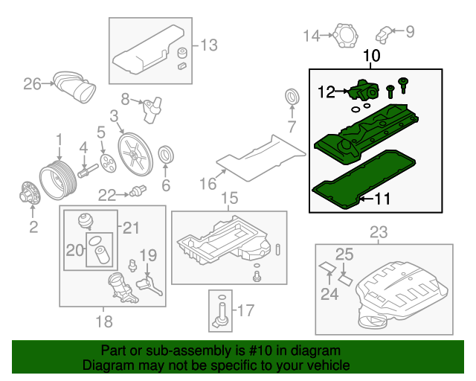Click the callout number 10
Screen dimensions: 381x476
(x=372, y=56)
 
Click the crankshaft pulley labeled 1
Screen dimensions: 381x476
(x=57, y=176)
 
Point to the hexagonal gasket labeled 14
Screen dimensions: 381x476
(x=343, y=34)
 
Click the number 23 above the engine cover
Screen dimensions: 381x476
(x=379, y=233)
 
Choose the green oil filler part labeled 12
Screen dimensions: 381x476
(x=364, y=92)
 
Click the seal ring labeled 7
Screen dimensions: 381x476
(x=292, y=97)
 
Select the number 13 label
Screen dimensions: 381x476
(x=209, y=45)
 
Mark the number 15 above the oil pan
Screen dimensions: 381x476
(x=229, y=198)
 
